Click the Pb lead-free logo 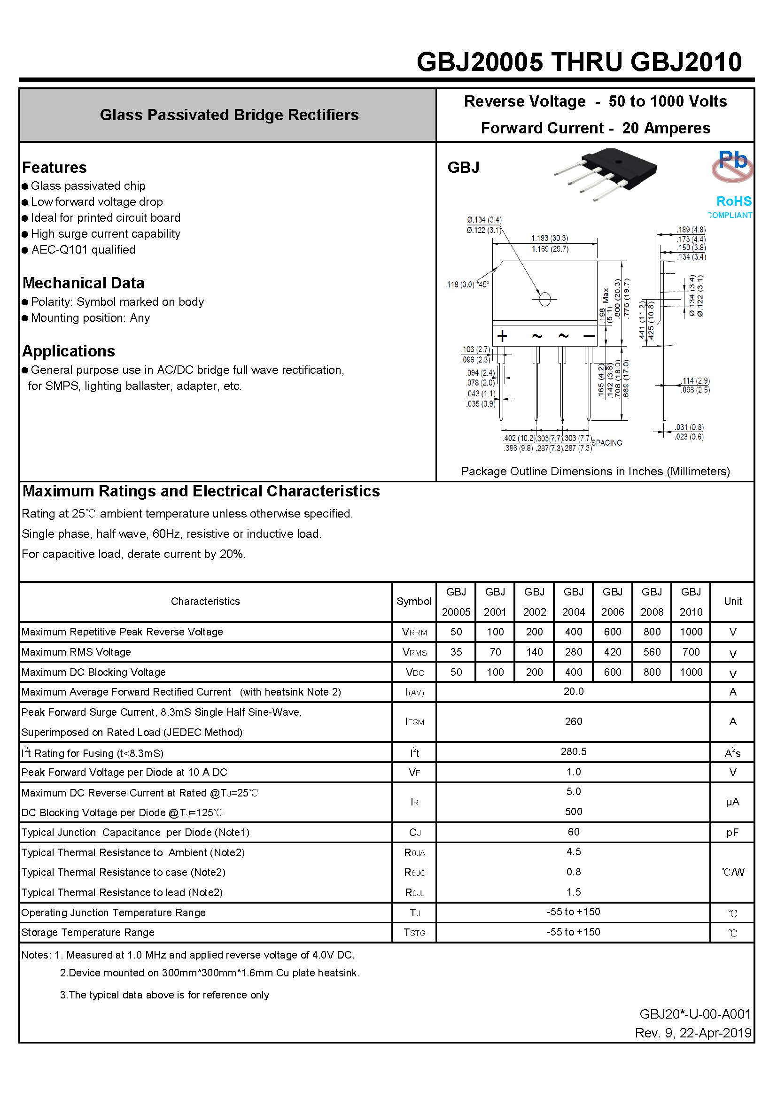point(732,165)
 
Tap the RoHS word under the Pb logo point(733,201)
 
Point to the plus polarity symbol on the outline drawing point(502,336)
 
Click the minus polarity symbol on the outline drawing point(590,336)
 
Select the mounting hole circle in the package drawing point(544,299)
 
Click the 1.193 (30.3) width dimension point(549,238)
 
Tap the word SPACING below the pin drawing point(606,443)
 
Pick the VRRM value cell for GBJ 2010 point(691,632)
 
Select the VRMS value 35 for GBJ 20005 point(456,652)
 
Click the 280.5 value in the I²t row point(573,751)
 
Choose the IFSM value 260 point(573,721)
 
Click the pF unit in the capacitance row point(732,832)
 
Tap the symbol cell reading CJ point(414,833)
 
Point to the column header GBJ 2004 point(573,602)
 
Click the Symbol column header point(414,601)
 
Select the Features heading point(54,167)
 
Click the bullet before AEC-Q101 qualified point(25,250)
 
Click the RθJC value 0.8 point(573,872)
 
